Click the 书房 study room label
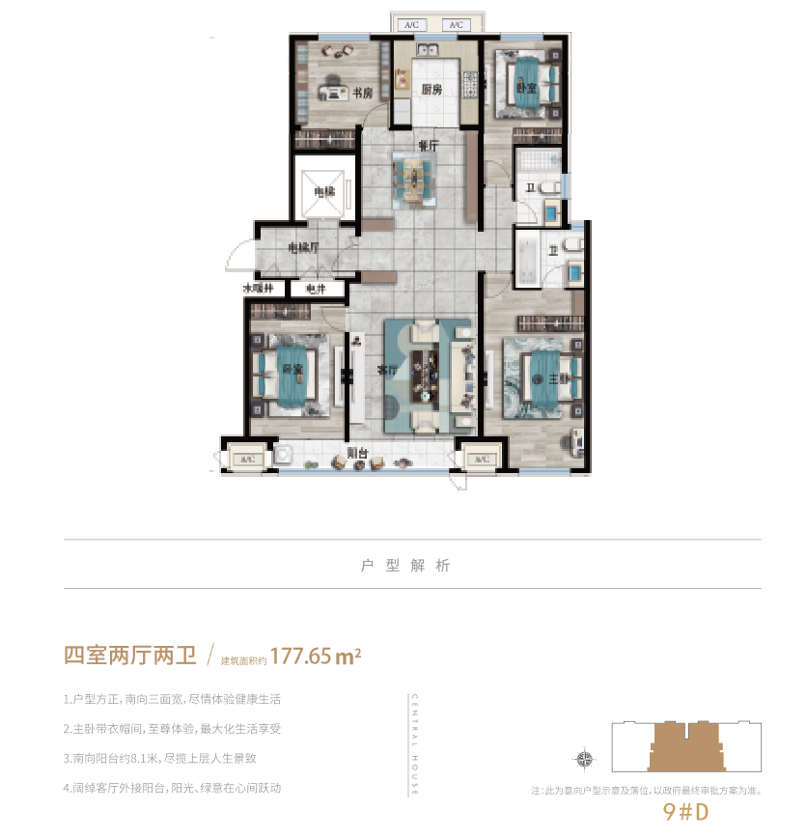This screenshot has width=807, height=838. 362,94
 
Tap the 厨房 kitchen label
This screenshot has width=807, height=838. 431,90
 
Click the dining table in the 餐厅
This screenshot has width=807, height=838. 413,179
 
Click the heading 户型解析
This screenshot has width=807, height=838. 404,566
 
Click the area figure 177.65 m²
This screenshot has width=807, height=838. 316,656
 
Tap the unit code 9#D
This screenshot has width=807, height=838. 686,812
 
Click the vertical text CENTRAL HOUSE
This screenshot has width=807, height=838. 413,743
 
